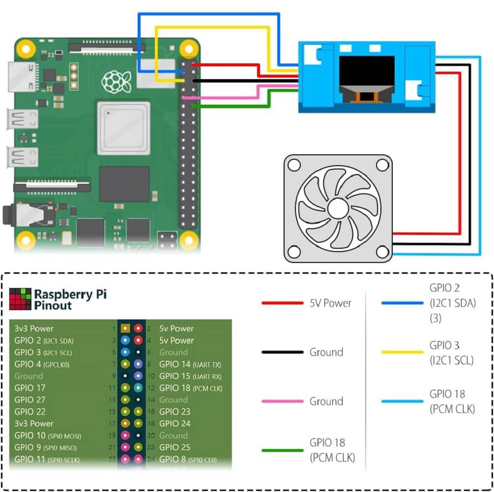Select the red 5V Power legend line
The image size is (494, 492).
coord(282,303)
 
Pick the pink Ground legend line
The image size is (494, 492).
coord(282,402)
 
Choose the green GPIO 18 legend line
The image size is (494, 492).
coord(282,450)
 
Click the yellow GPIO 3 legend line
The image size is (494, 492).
coord(402,352)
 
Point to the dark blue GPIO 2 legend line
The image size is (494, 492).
coord(402,303)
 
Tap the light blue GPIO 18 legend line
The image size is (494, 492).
coord(402,401)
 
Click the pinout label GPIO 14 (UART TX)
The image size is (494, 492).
coord(190,364)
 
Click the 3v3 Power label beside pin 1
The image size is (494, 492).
coord(34,328)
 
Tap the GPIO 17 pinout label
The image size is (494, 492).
coord(30,388)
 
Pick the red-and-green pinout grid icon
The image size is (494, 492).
coord(20,299)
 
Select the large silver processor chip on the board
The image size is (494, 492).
coord(123,127)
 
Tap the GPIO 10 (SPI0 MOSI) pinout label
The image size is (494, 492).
coord(48,435)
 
